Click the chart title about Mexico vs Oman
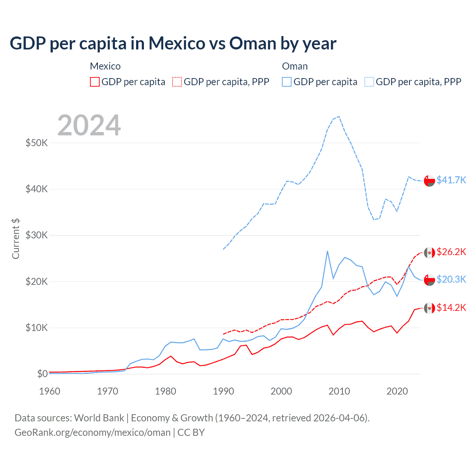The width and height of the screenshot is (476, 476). tap(173, 44)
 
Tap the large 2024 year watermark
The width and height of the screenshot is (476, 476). tap(89, 125)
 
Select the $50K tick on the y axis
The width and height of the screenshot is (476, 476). tap(36, 143)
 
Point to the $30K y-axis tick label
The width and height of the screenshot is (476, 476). tap(36, 235)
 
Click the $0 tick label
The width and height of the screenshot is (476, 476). tap(42, 374)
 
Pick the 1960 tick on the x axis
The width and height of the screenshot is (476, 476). tap(49, 391)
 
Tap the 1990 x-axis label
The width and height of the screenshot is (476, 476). tap(223, 391)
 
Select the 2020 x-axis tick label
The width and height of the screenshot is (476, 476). tap(397, 391)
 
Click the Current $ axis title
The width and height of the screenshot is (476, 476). tap(16, 239)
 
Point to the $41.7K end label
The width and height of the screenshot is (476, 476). tap(451, 180)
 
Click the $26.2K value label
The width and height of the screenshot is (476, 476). tap(451, 252)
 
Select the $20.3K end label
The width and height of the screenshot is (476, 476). tap(451, 279)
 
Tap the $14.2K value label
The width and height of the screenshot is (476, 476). tap(451, 308)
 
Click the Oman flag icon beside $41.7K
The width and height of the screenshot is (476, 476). tap(430, 180)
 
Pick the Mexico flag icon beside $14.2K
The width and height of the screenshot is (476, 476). tap(430, 308)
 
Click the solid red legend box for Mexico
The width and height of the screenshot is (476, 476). tap(95, 82)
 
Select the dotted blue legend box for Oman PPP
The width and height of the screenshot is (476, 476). tap(369, 82)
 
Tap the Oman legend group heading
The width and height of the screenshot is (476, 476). tap(295, 66)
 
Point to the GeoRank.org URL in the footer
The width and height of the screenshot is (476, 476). tap(92, 432)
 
